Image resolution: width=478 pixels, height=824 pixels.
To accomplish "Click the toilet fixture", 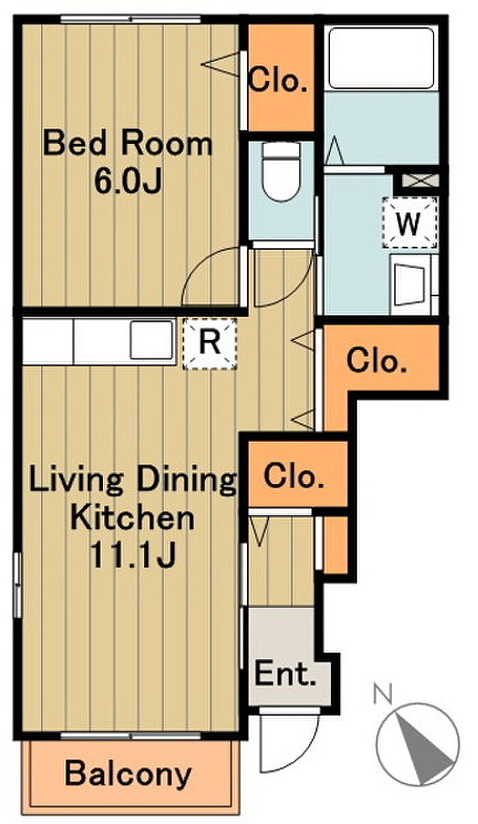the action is pos(281,171).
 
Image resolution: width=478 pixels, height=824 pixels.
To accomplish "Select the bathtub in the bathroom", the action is pos(381,58).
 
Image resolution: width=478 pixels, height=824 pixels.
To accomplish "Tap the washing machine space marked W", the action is pos(409,223).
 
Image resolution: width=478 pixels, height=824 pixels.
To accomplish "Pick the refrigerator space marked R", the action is pos(210,343).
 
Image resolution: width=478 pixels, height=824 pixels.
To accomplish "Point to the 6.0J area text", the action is pos(128,181).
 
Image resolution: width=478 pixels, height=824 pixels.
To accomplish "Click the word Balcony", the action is pos(128,775).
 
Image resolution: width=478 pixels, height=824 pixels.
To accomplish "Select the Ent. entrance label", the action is pos(285,673).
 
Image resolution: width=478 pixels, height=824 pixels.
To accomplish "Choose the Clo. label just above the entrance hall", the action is pos(294,477).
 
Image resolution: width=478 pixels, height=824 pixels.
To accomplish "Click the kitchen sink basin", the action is pos(152,340).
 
